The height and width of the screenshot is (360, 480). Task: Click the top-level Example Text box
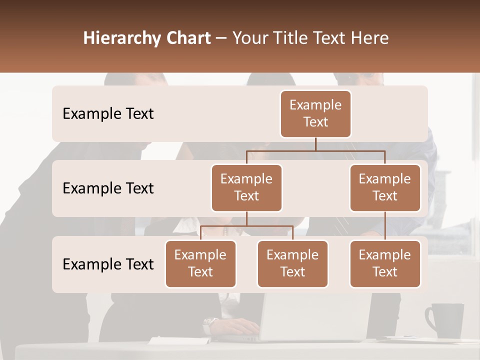point(315,113)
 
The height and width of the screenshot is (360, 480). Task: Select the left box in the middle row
point(246,187)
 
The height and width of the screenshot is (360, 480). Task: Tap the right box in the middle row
point(385,187)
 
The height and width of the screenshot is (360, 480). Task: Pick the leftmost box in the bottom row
point(200,263)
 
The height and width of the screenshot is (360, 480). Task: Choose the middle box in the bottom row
point(292,263)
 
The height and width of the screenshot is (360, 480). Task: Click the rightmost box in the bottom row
point(385,263)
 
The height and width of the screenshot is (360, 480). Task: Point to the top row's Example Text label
point(108,114)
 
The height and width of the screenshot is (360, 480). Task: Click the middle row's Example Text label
point(108,188)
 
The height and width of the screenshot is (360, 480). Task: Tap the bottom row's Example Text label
point(108,264)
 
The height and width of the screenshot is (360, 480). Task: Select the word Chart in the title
point(189,38)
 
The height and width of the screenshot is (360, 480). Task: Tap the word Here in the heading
point(369,38)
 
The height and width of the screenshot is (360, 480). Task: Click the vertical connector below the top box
point(315,144)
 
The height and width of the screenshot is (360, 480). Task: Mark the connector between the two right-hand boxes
point(385,226)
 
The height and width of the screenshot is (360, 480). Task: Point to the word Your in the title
point(250,38)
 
